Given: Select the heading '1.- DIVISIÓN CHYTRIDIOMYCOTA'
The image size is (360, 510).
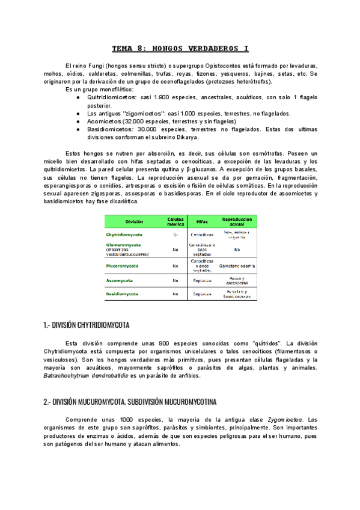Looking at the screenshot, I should (x=87, y=325).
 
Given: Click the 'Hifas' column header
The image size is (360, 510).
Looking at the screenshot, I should (x=201, y=222).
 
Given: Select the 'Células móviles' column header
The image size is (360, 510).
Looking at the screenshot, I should (x=175, y=222).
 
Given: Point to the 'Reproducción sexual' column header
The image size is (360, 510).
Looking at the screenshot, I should (x=236, y=221).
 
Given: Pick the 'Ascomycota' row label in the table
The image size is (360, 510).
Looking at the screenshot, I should (x=120, y=280).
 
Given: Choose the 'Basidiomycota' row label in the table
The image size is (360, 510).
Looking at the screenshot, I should (x=122, y=294).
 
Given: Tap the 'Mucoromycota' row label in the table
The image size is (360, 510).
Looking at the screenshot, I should (x=122, y=265).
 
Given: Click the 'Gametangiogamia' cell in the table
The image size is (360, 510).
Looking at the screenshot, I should (x=236, y=265).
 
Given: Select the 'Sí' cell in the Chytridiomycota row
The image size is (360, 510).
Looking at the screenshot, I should (x=175, y=234).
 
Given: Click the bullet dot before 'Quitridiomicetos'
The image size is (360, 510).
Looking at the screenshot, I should (x=78, y=97).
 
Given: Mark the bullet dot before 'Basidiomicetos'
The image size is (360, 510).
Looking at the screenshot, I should (x=78, y=129).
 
